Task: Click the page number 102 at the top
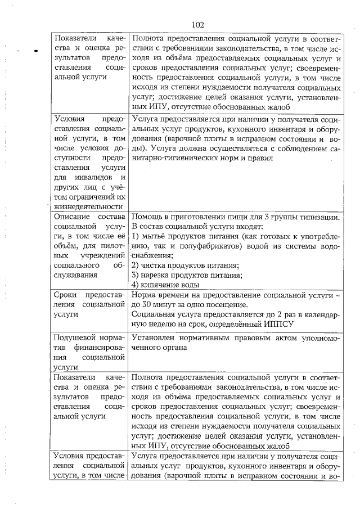click(197, 25)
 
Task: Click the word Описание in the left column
click(70, 215)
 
